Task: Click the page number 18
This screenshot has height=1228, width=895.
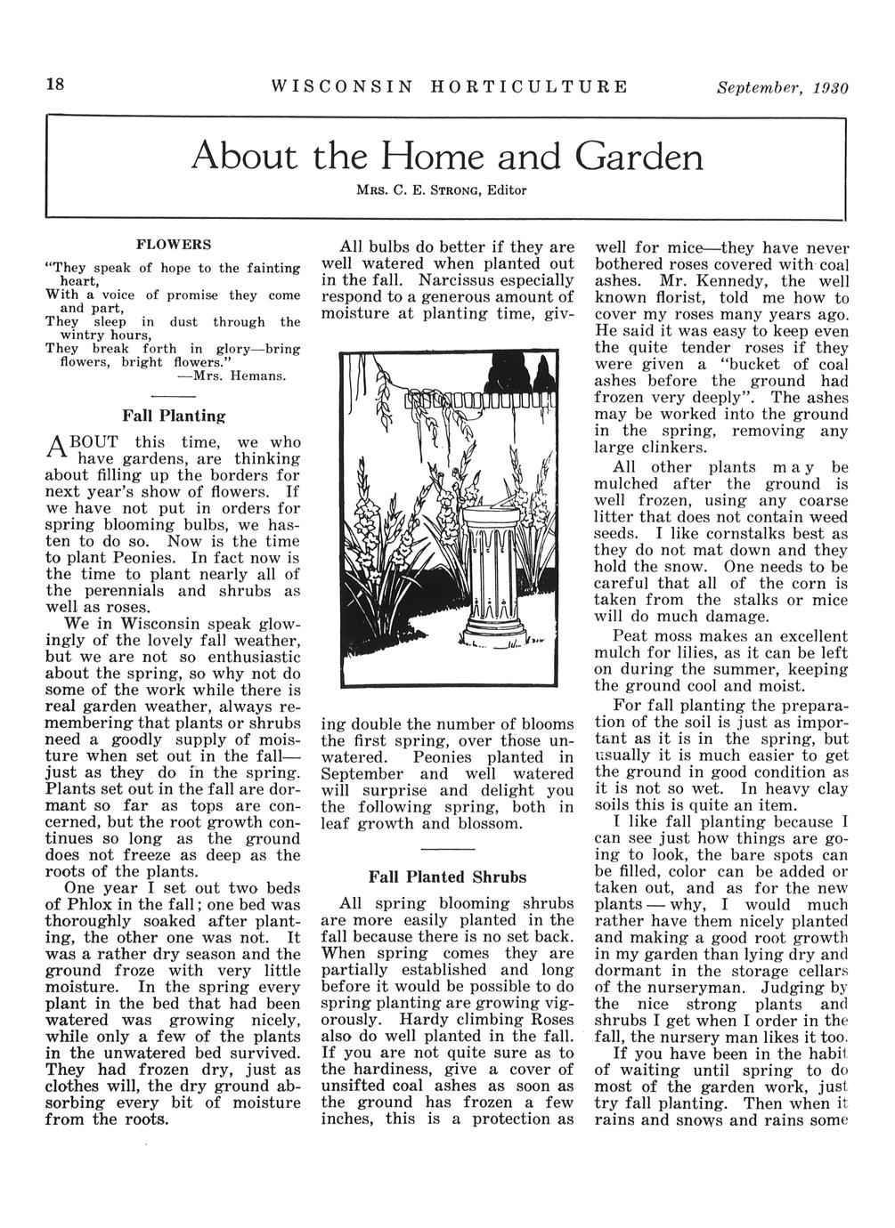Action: pos(55,85)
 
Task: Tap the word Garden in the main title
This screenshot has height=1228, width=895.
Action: pos(639,158)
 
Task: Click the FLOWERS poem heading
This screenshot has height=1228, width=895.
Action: pos(173,243)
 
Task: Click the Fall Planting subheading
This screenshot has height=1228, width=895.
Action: pos(173,415)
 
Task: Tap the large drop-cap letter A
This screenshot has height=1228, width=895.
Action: pos(57,450)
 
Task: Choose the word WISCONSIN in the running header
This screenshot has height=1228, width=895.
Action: pos(342,87)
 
